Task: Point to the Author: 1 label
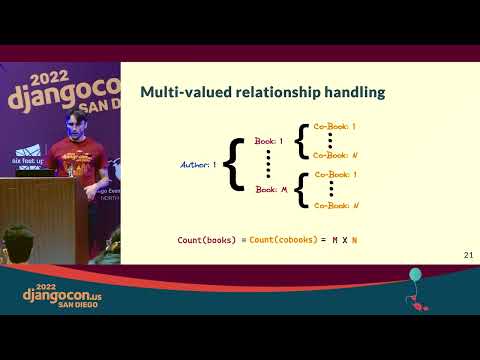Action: (x=199, y=164)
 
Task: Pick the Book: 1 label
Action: (x=268, y=141)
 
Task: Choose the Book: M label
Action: (x=268, y=188)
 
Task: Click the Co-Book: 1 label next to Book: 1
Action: (x=335, y=127)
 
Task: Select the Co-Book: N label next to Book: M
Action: (x=335, y=205)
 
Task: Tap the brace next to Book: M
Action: (x=300, y=189)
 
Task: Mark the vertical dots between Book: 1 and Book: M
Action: (x=268, y=165)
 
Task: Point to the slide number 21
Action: (x=468, y=256)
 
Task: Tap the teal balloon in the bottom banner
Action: (x=415, y=275)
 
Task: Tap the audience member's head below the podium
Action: (x=18, y=240)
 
